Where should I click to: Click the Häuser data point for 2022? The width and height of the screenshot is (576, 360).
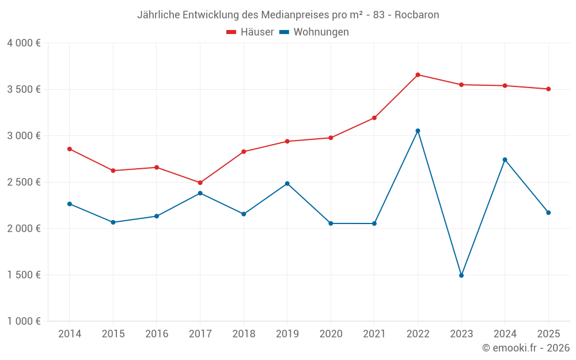418,75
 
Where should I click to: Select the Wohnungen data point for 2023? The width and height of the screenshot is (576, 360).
461,275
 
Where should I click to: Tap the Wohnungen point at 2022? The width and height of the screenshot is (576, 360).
418,131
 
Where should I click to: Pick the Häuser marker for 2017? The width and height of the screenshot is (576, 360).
200,183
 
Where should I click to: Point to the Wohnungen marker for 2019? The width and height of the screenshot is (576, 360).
287,184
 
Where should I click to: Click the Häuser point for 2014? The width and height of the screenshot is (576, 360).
70,149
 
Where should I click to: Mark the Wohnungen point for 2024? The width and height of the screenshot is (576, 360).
505,160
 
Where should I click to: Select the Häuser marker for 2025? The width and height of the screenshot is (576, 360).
548,89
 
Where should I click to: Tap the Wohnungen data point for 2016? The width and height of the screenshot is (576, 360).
157,216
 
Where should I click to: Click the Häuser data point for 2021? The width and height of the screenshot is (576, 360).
374,118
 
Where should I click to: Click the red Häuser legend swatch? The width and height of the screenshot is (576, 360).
232,32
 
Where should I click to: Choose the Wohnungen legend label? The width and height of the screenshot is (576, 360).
321,32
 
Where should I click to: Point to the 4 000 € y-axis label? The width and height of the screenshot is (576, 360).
24,43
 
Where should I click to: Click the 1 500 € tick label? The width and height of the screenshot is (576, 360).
24,275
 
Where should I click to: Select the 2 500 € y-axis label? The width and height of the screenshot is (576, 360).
24,182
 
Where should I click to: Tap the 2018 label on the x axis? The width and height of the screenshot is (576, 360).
244,334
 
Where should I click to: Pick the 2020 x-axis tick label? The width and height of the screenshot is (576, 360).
331,334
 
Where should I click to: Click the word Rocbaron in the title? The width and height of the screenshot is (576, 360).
416,14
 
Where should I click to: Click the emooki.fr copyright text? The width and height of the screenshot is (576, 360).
525,348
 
